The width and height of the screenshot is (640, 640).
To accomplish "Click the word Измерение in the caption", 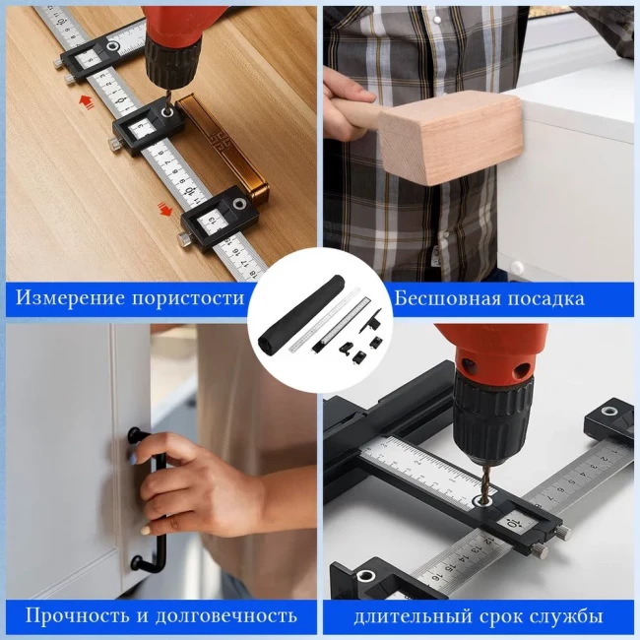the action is pos(70,297).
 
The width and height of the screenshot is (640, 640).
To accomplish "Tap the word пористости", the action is pos(188,298).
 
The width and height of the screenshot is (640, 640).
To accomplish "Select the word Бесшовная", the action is pos(447,298).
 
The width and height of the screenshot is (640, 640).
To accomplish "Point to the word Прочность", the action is pos(78,615).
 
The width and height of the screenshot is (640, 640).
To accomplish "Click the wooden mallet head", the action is pos(451,137).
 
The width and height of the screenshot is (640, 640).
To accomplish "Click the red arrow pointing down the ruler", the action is pos(164,210).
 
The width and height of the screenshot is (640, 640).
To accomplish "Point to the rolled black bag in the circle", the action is pos(301,312).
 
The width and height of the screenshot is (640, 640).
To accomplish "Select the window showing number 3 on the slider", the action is pos(141,127).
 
